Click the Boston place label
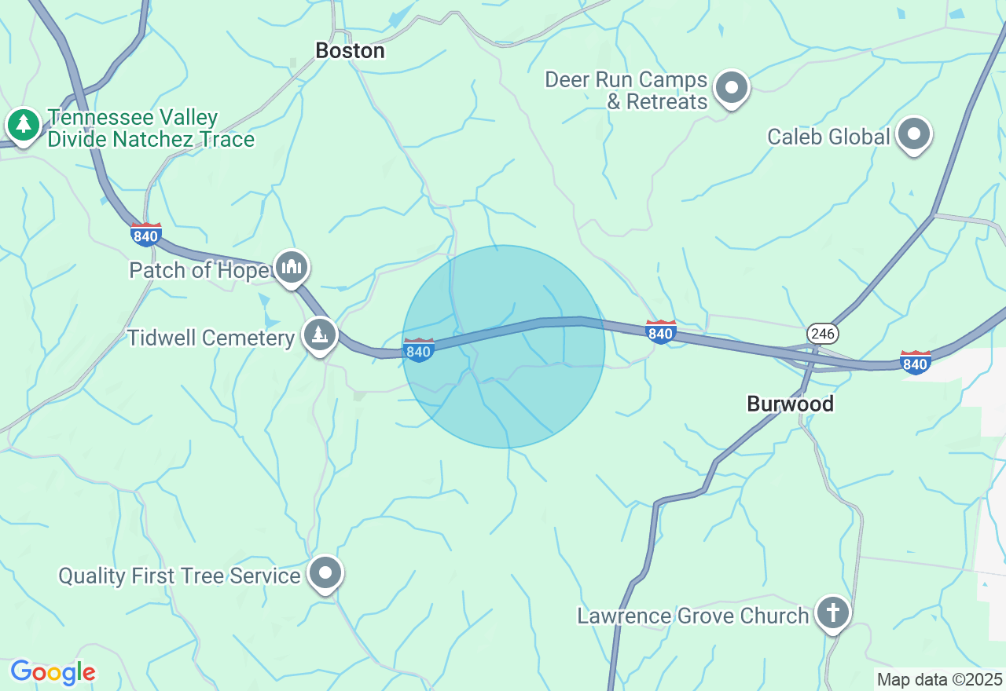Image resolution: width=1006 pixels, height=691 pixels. click(350, 51)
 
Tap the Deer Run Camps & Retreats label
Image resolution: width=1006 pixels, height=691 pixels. click(626, 90)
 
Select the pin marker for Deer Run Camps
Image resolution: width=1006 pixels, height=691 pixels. click(732, 87)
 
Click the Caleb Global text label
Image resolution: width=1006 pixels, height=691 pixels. click(828, 137)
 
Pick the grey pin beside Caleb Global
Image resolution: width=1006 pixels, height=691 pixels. click(914, 134)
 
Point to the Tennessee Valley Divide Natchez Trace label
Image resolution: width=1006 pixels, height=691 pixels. click(151, 129)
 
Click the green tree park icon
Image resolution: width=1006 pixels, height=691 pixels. click(24, 124)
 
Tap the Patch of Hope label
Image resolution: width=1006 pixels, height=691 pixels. click(199, 270)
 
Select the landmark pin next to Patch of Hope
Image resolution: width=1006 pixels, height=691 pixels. click(292, 267)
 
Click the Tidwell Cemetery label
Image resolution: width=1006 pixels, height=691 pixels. click(211, 338)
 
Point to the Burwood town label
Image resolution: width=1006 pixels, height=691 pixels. click(790, 404)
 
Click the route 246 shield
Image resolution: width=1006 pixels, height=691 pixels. click(822, 334)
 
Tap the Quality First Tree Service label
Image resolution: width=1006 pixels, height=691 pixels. click(179, 576)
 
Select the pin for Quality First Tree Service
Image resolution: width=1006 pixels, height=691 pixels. click(325, 573)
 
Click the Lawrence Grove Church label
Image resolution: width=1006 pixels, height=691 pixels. click(692, 616)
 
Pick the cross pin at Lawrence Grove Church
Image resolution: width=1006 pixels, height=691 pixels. click(832, 612)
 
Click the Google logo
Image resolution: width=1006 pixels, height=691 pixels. click(53, 672)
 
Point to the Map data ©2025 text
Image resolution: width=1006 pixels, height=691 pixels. click(939, 679)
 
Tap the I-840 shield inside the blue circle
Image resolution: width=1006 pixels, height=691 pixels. click(418, 350)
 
